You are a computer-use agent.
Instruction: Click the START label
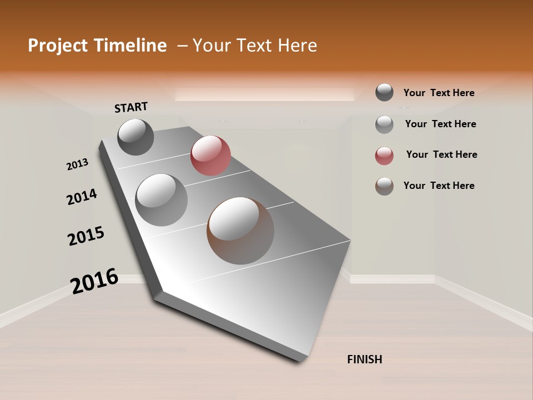131,107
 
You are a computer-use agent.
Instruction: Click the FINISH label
364,359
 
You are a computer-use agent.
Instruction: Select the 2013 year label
78,164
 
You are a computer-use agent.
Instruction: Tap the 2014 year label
82,197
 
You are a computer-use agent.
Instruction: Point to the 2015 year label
86,236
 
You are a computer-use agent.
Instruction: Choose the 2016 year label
95,281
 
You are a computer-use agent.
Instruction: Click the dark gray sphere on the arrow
136,137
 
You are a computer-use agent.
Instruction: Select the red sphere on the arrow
210,156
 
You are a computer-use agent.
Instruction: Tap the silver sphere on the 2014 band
162,200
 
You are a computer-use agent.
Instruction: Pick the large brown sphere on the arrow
240,231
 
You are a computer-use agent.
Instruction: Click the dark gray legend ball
384,93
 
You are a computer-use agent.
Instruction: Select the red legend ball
384,156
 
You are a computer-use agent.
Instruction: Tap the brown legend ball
384,186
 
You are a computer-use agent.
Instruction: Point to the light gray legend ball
384,124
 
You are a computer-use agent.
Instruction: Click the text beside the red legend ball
441,154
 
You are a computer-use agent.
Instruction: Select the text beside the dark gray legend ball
439,93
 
